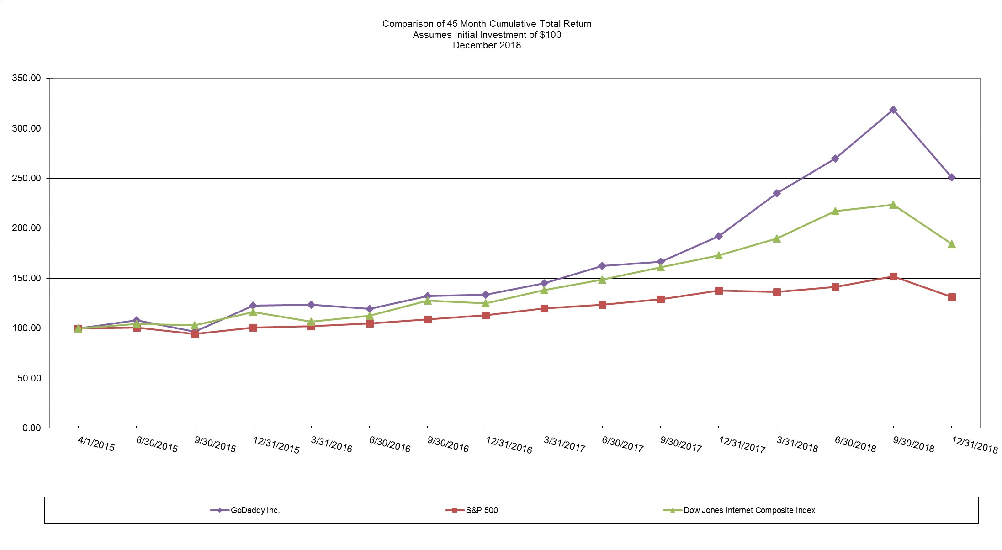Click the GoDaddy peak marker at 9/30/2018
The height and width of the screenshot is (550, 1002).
point(893,110)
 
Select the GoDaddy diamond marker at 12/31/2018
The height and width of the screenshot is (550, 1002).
point(952,177)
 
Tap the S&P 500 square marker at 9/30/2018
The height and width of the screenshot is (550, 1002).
point(893,276)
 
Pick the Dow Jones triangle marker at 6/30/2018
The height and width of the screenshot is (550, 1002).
point(835,211)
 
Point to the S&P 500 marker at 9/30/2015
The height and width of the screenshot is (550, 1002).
point(195,334)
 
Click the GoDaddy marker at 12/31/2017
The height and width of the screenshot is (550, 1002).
point(719,236)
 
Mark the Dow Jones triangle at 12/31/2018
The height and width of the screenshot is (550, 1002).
point(952,244)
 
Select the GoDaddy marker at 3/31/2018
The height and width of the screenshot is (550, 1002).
point(777,193)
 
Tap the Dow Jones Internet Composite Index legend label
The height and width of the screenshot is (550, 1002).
point(749,510)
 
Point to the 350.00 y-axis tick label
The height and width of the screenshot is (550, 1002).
point(27,78)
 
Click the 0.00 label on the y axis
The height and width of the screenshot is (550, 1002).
point(32,428)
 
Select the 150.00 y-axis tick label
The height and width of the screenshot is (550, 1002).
point(27,278)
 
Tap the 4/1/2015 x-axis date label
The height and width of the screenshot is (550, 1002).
point(96,444)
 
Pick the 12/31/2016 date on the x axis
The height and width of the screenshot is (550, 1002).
point(509,445)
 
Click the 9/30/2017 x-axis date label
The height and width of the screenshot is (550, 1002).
point(681,444)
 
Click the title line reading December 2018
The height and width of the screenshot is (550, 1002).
point(487,45)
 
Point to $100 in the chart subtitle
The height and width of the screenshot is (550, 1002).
point(551,35)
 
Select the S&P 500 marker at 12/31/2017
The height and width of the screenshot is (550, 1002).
point(719,291)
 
